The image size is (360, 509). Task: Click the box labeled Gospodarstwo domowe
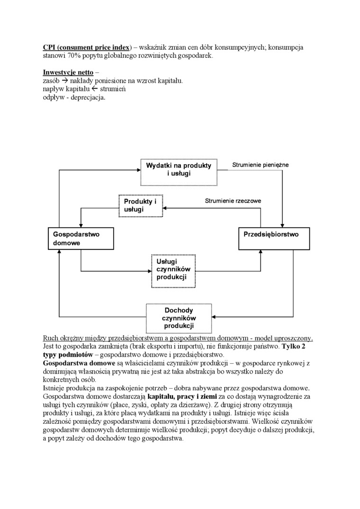pos(81,239)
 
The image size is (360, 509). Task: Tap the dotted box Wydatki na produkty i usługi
pos(179,170)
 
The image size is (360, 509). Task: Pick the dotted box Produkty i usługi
pos(143,205)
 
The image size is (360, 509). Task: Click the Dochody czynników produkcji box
pos(179,318)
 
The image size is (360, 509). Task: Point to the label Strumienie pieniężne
pos(260,165)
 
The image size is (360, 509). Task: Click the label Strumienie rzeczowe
pos(233,201)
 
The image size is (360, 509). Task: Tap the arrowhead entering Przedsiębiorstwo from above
pos(283,225)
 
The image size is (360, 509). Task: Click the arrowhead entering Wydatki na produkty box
pos(138,170)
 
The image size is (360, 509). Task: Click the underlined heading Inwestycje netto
pos(68,72)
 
